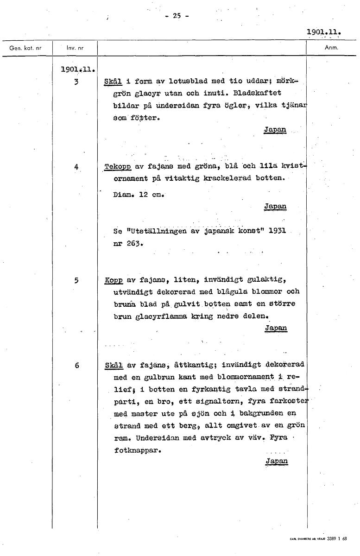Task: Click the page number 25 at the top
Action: (x=176, y=15)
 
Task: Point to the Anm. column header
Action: (x=331, y=47)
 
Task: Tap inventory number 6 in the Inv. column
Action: (x=76, y=365)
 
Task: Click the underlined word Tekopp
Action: (x=118, y=167)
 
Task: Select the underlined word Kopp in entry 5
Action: (x=114, y=280)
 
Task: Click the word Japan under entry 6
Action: (x=277, y=461)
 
